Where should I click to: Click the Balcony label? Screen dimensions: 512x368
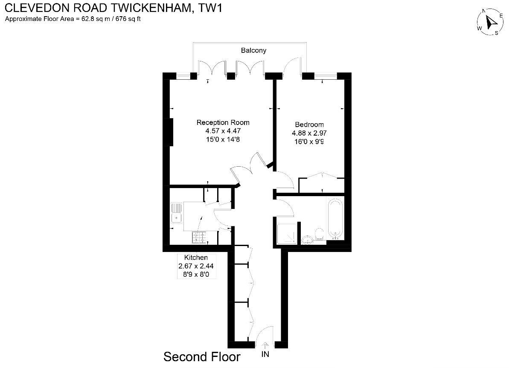(253, 50)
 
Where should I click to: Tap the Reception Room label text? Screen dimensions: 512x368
(223, 122)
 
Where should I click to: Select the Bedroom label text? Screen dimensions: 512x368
(309, 125)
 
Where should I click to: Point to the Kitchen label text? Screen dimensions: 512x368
(196, 258)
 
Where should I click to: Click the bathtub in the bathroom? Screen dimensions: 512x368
(335, 219)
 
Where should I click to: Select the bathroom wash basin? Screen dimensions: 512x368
(307, 240)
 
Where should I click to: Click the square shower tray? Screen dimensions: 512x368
(287, 234)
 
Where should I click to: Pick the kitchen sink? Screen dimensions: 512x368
(176, 213)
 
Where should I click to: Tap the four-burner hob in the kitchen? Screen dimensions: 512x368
(199, 238)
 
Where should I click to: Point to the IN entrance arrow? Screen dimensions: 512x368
(265, 346)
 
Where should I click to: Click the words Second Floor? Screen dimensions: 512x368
(202, 357)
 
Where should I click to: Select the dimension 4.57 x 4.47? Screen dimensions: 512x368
(223, 131)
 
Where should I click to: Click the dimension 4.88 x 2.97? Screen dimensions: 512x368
(309, 133)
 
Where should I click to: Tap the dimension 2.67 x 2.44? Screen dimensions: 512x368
(196, 266)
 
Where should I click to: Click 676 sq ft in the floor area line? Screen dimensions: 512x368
(128, 19)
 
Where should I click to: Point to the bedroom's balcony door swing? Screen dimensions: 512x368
(292, 66)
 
